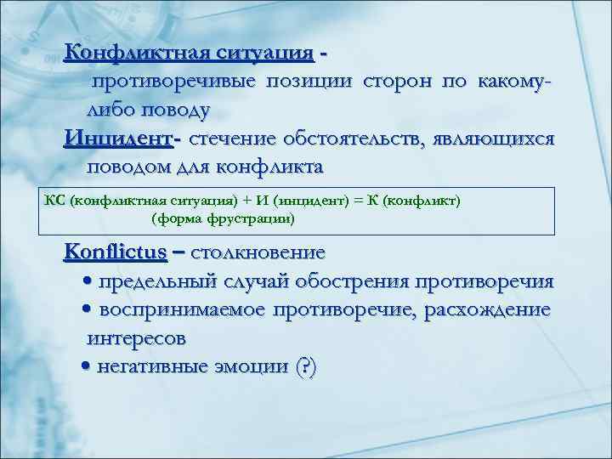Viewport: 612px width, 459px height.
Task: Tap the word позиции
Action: pyautogui.click(x=314, y=82)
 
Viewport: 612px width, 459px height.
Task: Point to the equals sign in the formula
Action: pyautogui.click(x=357, y=201)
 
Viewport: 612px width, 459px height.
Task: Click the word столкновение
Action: pyautogui.click(x=258, y=252)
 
